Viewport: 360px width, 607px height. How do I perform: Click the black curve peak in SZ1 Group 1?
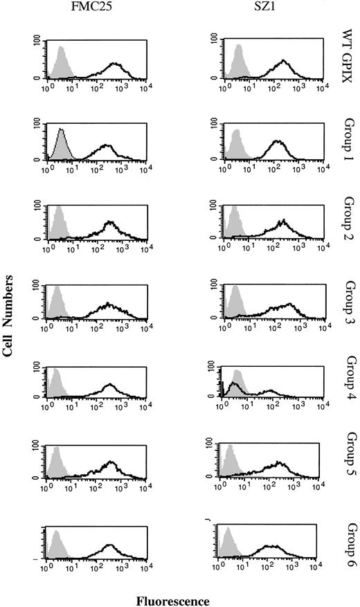(x=278, y=142)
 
